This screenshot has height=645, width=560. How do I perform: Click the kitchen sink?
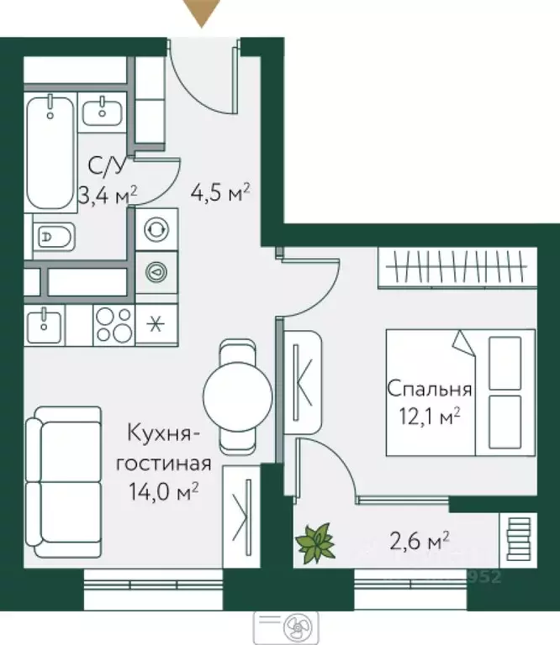(44, 324)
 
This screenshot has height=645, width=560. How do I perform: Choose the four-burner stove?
(113, 324)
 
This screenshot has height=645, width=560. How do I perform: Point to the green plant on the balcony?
(315, 542)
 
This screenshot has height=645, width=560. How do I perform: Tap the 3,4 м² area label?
(104, 196)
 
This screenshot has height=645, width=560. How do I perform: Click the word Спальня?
(428, 390)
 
